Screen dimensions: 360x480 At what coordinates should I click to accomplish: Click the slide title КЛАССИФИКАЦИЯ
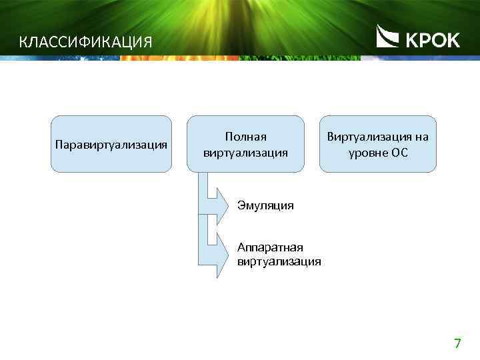point(86,43)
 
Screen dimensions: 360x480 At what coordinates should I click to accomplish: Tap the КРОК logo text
point(432,41)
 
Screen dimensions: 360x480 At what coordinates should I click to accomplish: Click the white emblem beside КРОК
point(388,37)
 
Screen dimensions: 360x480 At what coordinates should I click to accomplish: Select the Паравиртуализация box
point(112,145)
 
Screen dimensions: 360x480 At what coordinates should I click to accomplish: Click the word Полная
point(245,137)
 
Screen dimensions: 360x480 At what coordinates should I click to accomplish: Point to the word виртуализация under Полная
point(245,153)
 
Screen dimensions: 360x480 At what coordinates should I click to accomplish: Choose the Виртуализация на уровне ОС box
point(377,145)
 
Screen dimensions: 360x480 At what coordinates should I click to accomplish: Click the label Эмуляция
point(265,205)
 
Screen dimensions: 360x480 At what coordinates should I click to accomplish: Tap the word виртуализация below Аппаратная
point(279,261)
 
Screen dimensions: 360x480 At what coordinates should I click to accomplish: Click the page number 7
point(457,344)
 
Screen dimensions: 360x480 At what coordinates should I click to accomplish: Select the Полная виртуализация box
point(245,145)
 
